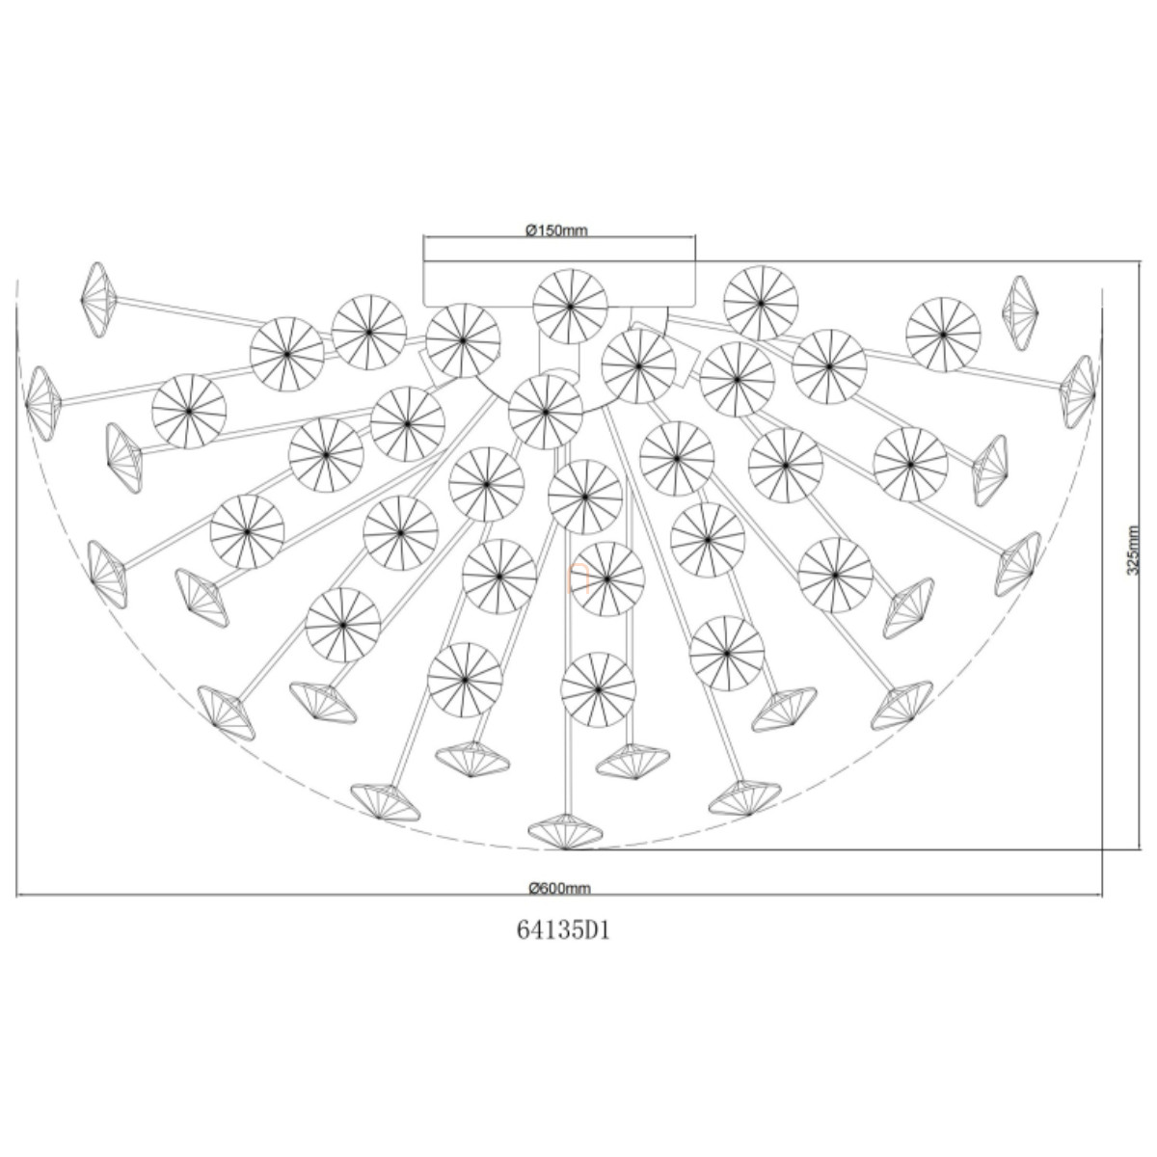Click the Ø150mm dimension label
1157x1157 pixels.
tap(556, 230)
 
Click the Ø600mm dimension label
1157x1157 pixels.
tap(559, 888)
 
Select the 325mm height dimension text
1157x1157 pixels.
tap(1132, 550)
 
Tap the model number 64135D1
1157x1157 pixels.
tap(563, 930)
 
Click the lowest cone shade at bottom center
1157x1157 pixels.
tap(565, 831)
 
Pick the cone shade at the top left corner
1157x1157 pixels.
tap(98, 299)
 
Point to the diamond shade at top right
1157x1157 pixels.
tap(1019, 312)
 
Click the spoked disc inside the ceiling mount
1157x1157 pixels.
tap(570, 307)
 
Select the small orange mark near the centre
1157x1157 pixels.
tap(578, 578)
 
